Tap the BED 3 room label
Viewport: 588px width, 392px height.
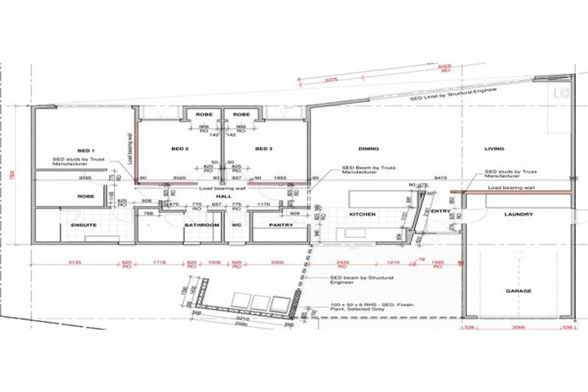(x=263, y=149)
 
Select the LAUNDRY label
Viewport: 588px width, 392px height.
(x=518, y=216)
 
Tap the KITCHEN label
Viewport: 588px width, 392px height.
(x=362, y=215)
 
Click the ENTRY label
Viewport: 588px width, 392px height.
(x=441, y=211)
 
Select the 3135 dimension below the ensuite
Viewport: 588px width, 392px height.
(x=73, y=263)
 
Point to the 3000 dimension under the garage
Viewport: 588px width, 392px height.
(x=518, y=328)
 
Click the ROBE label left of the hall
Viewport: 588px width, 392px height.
(x=86, y=197)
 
